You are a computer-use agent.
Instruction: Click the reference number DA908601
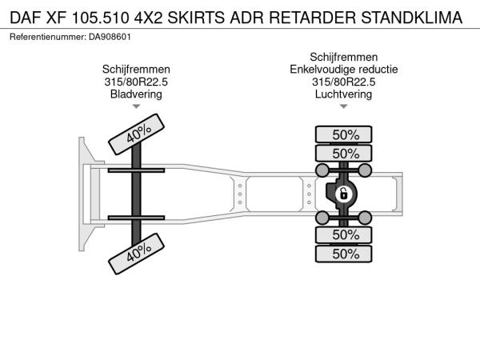point(110,37)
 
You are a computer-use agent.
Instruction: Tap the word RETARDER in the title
point(312,18)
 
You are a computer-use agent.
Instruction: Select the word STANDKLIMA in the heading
point(412,18)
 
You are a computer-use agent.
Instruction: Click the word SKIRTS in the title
point(196,18)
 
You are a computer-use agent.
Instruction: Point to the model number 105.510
point(101,18)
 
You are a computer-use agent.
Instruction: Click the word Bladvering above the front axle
point(136,94)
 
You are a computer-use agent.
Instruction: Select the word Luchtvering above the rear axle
point(343,94)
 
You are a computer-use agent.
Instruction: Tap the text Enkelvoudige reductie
point(344,70)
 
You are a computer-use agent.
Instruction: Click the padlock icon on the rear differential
point(343,194)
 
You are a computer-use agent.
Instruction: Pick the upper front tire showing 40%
point(136,134)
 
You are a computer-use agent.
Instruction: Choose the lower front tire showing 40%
point(136,254)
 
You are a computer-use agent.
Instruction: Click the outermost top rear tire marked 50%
point(343,134)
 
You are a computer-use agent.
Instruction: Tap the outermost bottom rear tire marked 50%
point(343,254)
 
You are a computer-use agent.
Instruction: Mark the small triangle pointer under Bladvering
point(136,106)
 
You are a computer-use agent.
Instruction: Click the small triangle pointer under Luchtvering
point(343,106)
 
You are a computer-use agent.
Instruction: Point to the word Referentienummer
point(48,37)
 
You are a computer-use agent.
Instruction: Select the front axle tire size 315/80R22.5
point(136,82)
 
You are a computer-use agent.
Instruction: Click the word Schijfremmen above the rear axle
point(343,58)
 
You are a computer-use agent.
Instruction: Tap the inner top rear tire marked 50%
point(343,153)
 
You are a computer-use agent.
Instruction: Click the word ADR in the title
point(246,18)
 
